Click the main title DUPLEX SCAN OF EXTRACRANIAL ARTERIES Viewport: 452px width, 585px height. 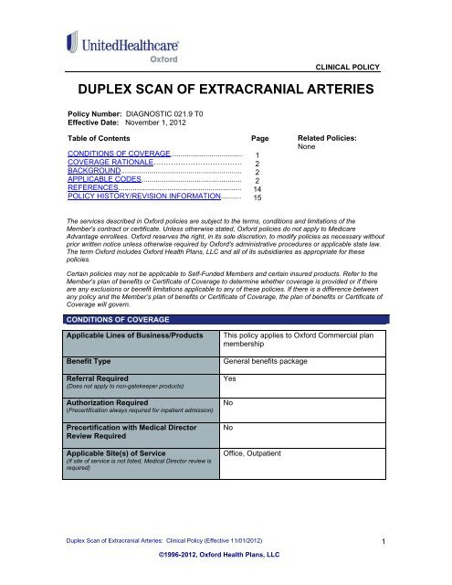coord(226,91)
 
